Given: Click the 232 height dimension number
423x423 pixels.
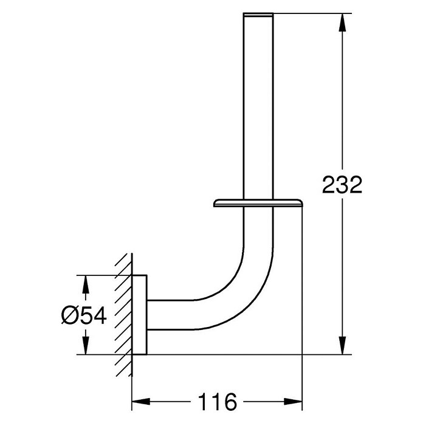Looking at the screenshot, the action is pos(342,185).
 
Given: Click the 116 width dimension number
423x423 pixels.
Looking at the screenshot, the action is pos(218,402).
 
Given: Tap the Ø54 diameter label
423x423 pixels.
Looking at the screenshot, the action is pos(84,315).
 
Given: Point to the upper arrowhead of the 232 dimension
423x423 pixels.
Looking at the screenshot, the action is pos(342,22).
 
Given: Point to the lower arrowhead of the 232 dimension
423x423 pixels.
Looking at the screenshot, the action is pos(342,345).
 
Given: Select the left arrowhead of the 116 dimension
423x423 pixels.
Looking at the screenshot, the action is pos(141,401).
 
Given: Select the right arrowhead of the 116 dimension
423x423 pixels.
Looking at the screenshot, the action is pos(293,401).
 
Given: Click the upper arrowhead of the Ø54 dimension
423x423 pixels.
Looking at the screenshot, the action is pos(85,284).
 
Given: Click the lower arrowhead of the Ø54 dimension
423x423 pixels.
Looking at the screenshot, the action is pos(85,345).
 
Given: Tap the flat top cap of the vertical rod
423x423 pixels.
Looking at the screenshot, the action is pos(258,15).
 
